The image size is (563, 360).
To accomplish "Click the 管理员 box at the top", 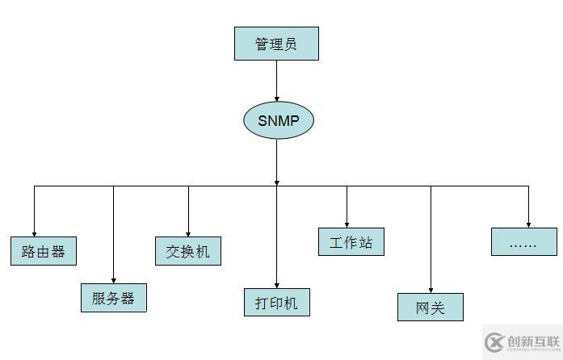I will point(276,44).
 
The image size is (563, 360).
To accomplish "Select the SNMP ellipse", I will point(278,121).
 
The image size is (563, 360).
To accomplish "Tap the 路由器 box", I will point(44,251).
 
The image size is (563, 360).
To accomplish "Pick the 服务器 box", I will point(113,298).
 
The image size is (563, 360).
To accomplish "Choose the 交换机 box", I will point(188,251).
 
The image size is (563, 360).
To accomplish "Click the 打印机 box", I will point(277,303).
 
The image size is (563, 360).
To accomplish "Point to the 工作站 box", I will point(351,242).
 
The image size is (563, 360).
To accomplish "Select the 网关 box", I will point(431,308).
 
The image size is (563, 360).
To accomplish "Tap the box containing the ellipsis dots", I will point(523,242).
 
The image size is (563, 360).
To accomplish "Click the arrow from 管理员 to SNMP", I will point(277,80).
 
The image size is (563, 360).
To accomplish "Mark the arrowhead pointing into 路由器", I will point(34,232).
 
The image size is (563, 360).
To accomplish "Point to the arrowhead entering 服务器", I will point(113,279).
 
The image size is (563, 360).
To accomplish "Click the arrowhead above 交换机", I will point(188,232).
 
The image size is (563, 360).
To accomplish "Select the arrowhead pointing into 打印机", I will point(277,284).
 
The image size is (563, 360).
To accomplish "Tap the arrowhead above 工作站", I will point(347,224).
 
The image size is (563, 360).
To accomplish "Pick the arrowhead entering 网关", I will point(431,289).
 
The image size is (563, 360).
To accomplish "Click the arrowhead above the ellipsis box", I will point(528,224).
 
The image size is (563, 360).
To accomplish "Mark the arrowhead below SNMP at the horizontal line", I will point(277,182).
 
